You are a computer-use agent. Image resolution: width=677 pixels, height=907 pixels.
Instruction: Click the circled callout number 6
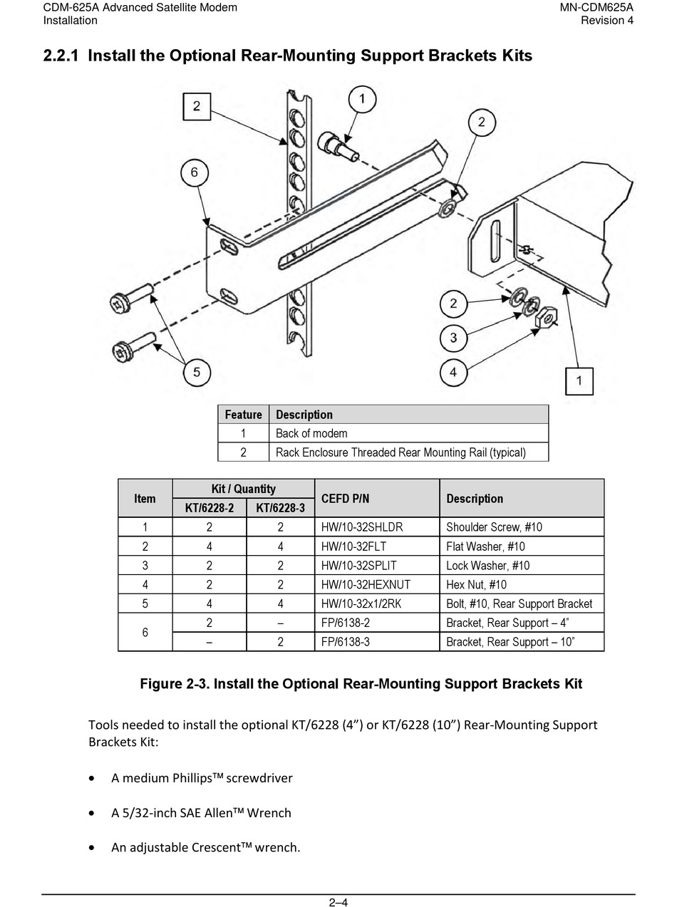194,172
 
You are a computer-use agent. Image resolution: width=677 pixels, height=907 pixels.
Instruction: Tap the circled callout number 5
197,372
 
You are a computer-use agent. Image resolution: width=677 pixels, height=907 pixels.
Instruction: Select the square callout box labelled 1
579,380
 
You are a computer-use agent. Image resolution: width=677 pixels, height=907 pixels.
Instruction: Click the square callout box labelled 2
197,107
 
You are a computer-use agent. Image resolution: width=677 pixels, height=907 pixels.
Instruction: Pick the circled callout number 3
453,337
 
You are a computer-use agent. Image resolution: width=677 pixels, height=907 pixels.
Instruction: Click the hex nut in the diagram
546,316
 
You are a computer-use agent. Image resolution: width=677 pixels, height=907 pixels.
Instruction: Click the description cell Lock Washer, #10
487,566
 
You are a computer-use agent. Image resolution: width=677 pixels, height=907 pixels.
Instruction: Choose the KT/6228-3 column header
280,508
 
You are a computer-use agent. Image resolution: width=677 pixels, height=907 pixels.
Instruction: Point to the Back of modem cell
311,433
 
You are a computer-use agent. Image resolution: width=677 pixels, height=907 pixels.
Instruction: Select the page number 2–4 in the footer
338,902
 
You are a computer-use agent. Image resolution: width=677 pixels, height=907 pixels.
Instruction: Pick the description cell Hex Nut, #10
476,585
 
